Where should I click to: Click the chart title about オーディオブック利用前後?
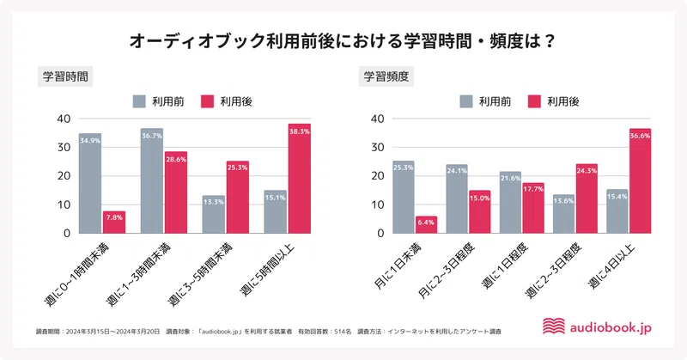[x=343, y=40]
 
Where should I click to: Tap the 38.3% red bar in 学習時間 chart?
[x=299, y=179]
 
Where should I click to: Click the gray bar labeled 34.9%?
[x=90, y=183]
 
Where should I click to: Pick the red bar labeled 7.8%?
[x=114, y=222]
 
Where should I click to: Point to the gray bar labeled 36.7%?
[x=151, y=180]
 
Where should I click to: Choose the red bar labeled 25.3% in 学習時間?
[x=238, y=197]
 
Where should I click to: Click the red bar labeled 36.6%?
[x=640, y=180]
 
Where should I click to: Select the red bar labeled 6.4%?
[x=426, y=224]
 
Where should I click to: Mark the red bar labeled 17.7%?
[x=532, y=207]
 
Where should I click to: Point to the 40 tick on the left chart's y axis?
[x=63, y=119]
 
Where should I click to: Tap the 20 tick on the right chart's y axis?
[x=379, y=176]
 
